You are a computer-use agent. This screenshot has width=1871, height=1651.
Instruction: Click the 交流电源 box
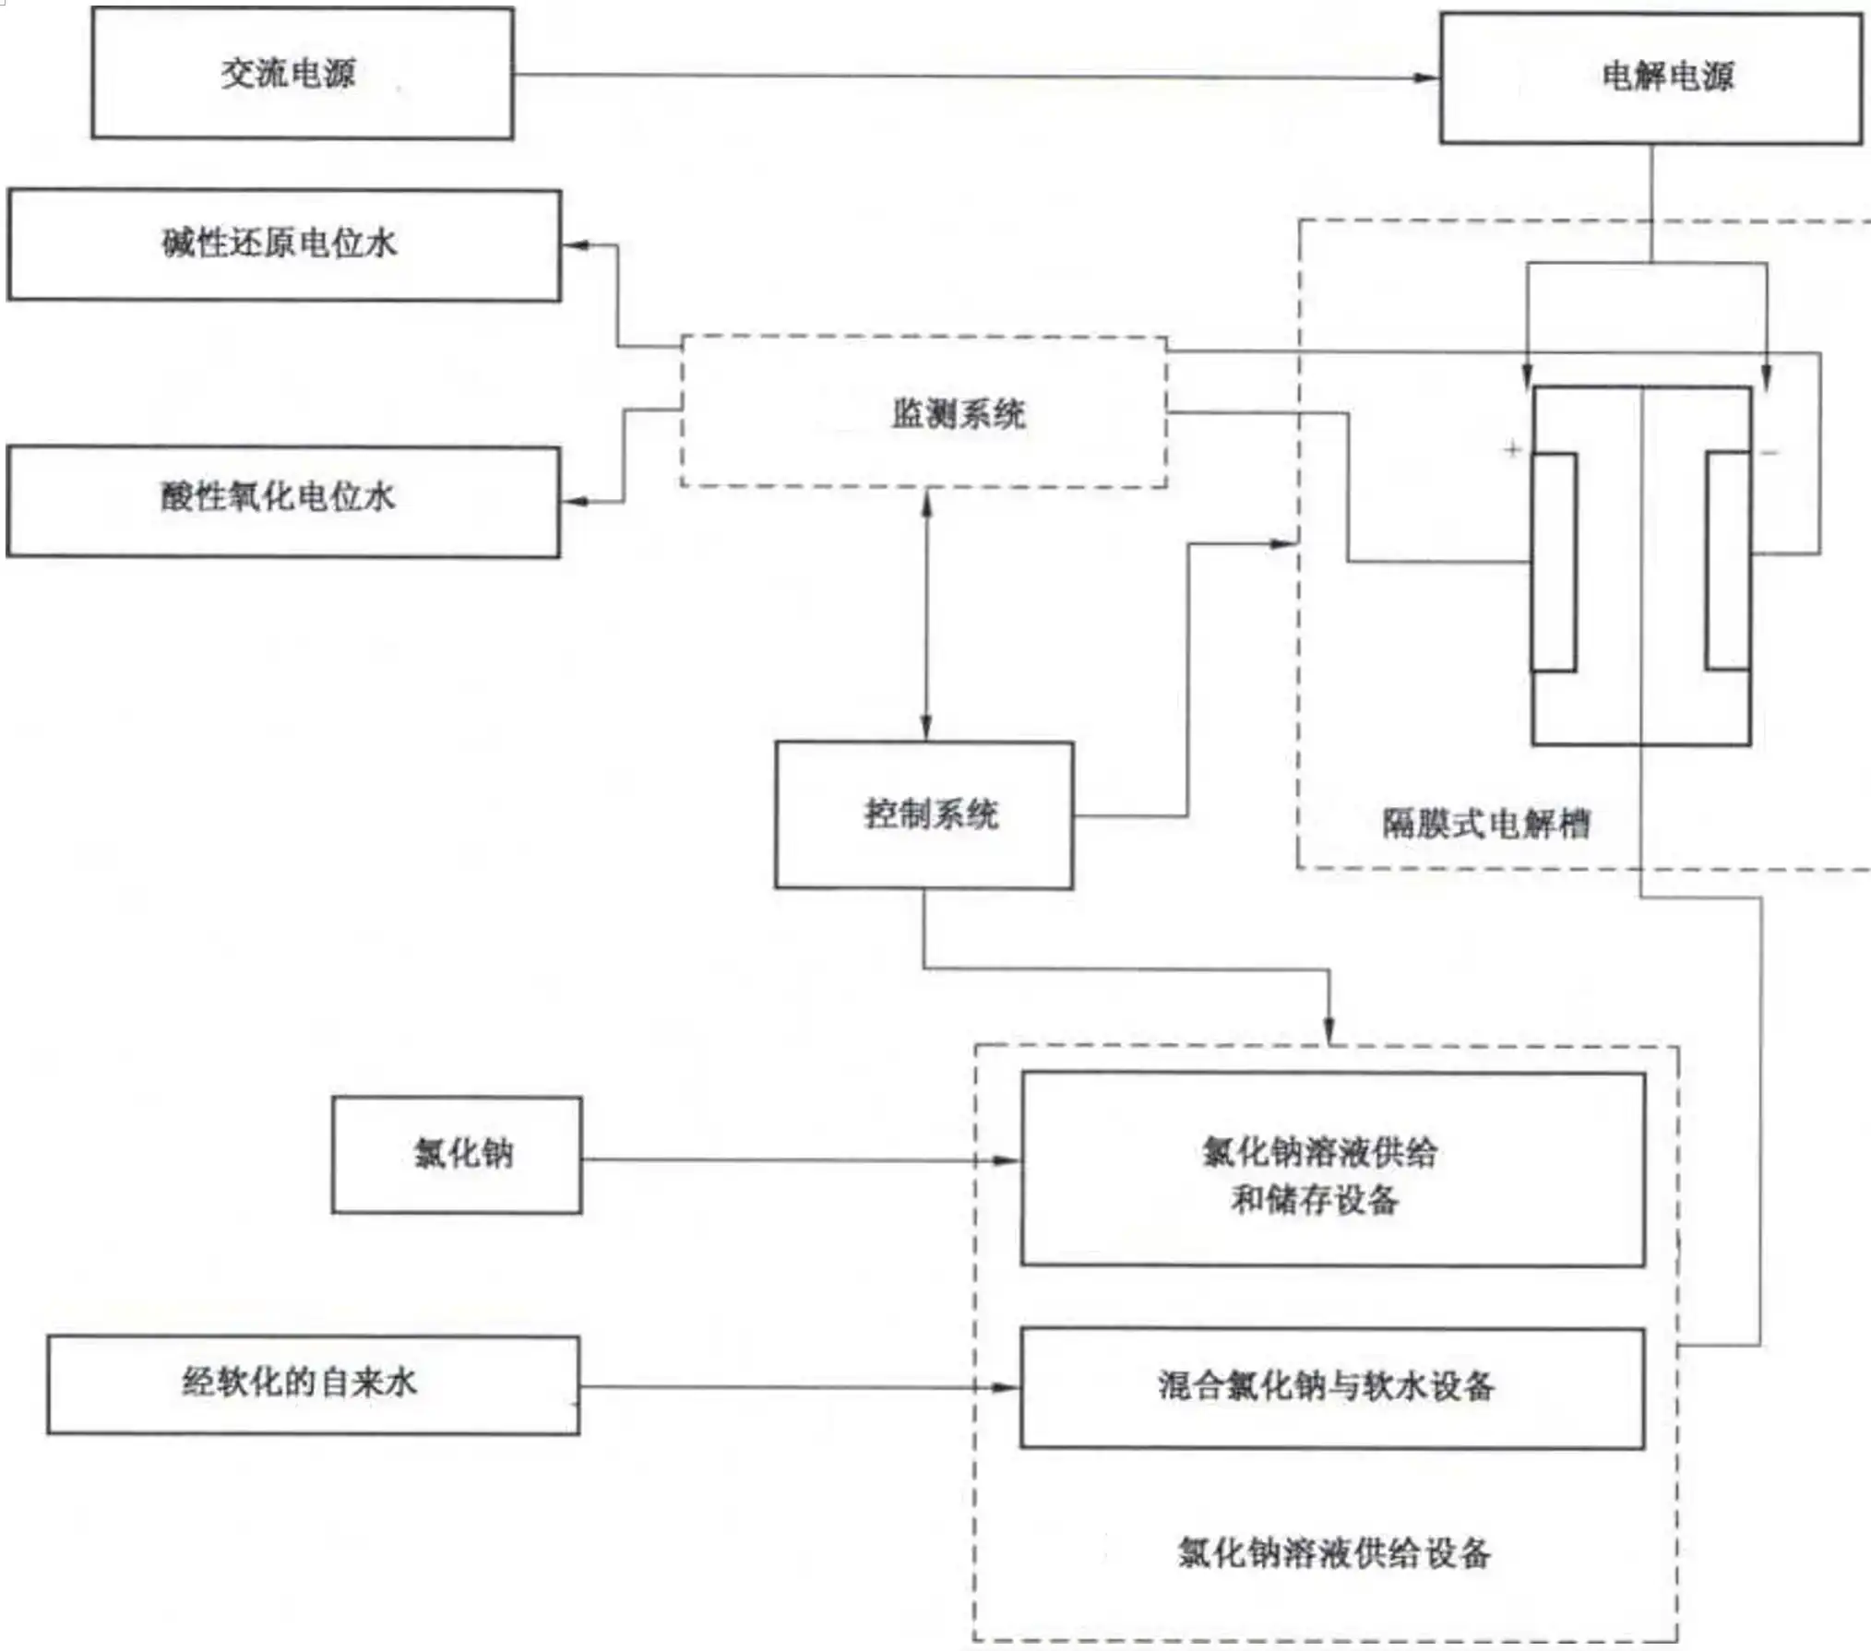point(302,74)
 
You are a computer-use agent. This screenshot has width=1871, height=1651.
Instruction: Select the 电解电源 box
point(1650,78)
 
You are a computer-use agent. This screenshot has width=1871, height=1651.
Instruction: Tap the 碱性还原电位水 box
point(283,244)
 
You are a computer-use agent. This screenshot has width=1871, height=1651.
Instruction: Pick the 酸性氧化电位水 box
point(282,501)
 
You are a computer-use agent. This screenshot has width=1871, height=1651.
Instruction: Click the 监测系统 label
point(958,413)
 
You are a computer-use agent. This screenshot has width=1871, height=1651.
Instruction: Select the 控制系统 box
point(924,814)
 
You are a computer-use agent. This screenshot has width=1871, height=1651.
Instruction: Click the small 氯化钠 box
point(457,1154)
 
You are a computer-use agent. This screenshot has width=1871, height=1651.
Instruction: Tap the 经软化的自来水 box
point(313,1384)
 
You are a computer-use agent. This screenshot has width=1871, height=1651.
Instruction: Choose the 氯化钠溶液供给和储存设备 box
point(1331,1169)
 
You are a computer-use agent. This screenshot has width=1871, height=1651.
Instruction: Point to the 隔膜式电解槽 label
point(1485,823)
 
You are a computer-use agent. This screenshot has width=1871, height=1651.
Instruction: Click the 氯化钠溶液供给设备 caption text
point(1333,1552)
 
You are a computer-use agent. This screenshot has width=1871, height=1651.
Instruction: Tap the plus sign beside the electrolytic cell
point(1511,449)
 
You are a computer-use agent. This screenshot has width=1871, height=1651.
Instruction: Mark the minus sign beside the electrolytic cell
point(1770,452)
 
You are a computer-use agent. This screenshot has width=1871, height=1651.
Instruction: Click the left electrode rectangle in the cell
point(1554,562)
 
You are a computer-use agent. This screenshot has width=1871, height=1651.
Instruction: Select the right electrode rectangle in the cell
point(1727,560)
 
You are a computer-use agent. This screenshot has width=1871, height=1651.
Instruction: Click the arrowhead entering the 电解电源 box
point(1426,77)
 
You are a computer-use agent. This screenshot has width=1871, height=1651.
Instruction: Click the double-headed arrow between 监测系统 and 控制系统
point(926,614)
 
